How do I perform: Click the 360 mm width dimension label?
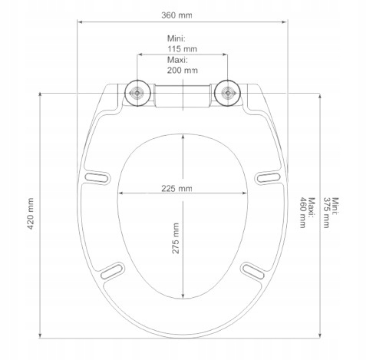[x=176, y=15]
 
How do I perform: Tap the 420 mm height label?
[x=31, y=213]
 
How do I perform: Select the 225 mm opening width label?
[x=176, y=189]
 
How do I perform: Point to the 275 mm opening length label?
[x=176, y=238]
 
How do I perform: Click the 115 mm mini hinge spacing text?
[x=182, y=48]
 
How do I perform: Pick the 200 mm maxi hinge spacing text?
[x=183, y=70]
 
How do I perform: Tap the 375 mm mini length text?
[x=327, y=213]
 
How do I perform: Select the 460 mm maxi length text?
[x=303, y=213]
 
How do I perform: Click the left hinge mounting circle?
[x=137, y=93]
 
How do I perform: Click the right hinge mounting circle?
[x=227, y=93]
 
